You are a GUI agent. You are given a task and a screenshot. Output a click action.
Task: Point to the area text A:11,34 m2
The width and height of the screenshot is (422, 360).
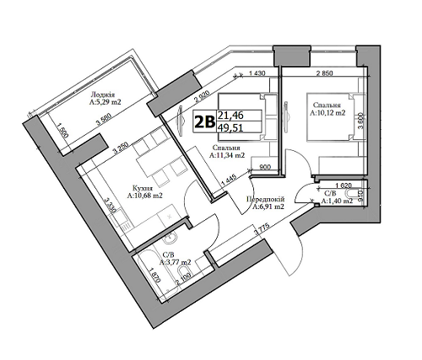[229, 155]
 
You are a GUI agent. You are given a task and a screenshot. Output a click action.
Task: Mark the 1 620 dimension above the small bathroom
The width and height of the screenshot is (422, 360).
[343, 185]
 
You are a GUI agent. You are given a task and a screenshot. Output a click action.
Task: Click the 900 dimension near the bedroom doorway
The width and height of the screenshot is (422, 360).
[264, 167]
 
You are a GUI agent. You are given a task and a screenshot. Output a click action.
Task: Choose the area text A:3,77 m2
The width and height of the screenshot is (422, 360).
[176, 261]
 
